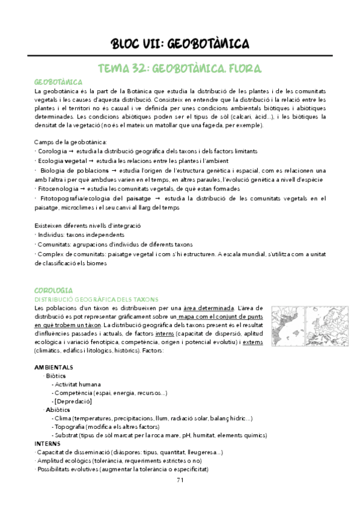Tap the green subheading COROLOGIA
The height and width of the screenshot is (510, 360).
click(x=54, y=289)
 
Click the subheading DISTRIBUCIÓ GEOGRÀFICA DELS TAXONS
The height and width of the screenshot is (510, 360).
click(x=97, y=299)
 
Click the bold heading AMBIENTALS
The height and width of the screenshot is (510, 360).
click(x=54, y=367)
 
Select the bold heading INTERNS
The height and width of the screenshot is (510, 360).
click(x=47, y=444)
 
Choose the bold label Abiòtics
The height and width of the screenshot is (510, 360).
click(x=58, y=410)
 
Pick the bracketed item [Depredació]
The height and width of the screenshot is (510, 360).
click(x=73, y=401)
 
